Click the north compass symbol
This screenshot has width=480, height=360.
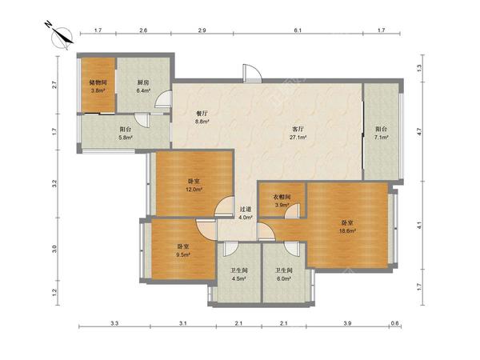(62, 37)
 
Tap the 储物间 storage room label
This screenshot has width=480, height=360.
(98, 82)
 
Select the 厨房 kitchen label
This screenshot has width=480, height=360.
(143, 82)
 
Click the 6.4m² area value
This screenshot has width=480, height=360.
(143, 90)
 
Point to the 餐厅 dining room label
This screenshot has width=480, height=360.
(202, 114)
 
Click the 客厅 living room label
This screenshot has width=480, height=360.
(298, 130)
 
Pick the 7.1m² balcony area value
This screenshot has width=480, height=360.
(381, 138)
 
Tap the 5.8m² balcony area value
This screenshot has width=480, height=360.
(126, 138)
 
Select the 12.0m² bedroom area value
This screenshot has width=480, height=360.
(194, 190)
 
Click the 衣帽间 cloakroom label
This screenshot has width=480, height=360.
(282, 197)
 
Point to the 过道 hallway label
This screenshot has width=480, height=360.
(246, 210)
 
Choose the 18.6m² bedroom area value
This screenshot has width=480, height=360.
(347, 231)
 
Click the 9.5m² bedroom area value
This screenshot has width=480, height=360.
(183, 254)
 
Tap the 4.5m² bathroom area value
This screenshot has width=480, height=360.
(238, 279)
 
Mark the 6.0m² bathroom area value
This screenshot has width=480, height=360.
(283, 279)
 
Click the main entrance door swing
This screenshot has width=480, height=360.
(252, 73)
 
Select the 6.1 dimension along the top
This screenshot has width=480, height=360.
(298, 30)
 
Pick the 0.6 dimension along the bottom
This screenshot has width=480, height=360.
(395, 323)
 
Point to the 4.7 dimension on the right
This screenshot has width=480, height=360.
(419, 132)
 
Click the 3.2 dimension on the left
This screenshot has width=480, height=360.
(54, 184)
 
